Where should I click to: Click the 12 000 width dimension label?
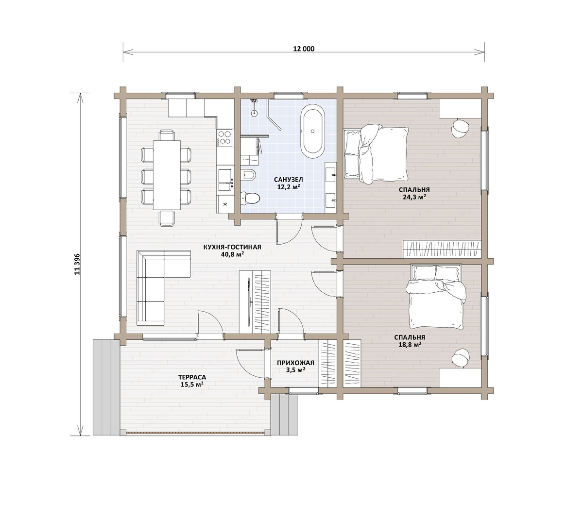click(x=304, y=49)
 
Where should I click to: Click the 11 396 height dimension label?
click(x=77, y=264)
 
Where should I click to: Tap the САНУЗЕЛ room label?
click(x=288, y=180)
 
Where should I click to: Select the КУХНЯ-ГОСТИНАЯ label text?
click(x=232, y=247)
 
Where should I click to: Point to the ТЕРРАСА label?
click(x=192, y=377)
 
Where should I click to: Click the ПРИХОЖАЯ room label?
click(x=295, y=363)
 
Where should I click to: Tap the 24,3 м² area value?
click(x=414, y=197)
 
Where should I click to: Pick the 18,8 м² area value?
click(x=410, y=344)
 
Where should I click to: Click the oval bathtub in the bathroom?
click(x=312, y=131)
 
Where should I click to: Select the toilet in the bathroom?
click(x=250, y=198)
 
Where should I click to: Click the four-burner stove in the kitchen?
click(x=225, y=137)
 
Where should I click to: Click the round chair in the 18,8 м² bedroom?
click(x=461, y=358)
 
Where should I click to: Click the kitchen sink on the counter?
click(x=225, y=180)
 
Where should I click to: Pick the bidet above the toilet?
click(x=249, y=175)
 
